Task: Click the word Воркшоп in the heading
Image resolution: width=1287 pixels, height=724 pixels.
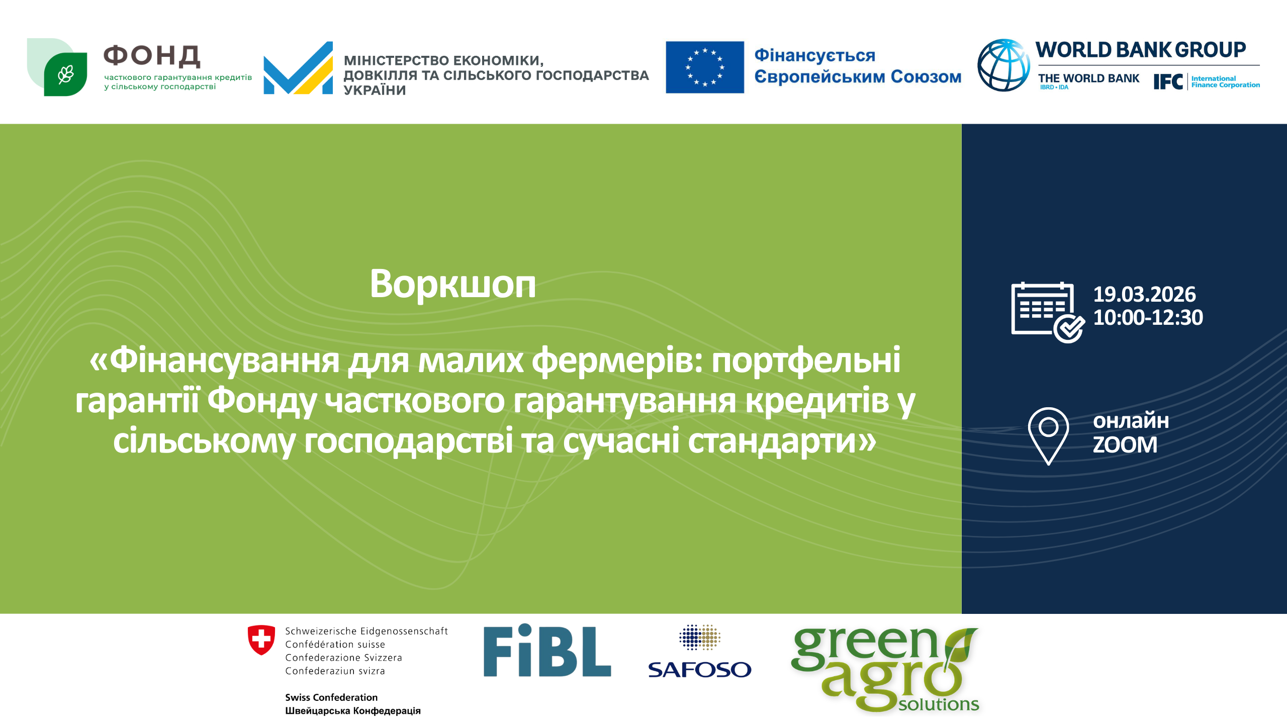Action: tap(452, 284)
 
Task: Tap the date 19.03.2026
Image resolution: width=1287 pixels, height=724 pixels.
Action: tap(1144, 294)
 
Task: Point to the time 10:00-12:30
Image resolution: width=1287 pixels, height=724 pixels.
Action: tap(1148, 317)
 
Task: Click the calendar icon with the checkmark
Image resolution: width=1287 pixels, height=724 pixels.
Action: tap(1048, 312)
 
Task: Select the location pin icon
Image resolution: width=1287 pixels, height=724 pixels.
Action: tap(1048, 435)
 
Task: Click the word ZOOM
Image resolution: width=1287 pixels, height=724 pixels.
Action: tap(1125, 444)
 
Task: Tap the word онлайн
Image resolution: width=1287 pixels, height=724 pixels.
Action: tap(1131, 420)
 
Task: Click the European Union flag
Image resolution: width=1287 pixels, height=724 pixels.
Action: tap(705, 67)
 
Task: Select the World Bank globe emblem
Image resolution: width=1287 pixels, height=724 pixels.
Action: tap(1003, 65)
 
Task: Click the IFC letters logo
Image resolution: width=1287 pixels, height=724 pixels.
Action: tap(1168, 81)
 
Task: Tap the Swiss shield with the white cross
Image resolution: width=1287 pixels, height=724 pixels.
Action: tap(261, 640)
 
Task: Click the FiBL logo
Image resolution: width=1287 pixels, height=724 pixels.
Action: tap(547, 651)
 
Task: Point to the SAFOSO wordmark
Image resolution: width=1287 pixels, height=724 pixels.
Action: tap(699, 670)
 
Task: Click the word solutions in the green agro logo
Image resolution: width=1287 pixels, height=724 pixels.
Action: tap(939, 704)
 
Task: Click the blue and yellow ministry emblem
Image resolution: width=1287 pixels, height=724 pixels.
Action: tap(298, 68)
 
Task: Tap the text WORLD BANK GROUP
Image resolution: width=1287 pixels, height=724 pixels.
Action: tap(1141, 50)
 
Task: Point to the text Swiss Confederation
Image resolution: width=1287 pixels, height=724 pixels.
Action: tap(331, 697)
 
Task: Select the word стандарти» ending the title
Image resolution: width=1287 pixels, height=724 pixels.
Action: tap(782, 440)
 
